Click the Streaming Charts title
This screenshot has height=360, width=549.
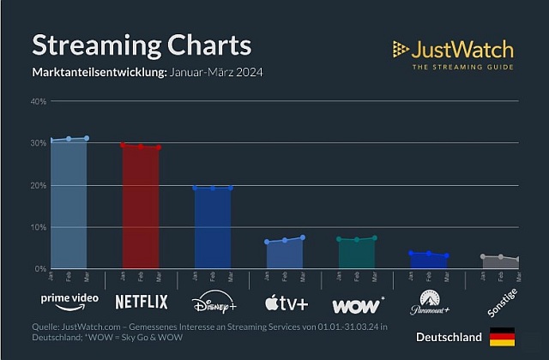coord(142,45)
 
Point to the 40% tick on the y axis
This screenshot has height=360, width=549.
coord(39,102)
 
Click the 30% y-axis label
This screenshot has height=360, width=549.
coord(39,144)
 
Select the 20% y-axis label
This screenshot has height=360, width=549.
coord(39,186)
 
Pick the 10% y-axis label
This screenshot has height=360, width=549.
coord(39,228)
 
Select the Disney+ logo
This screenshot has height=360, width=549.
coord(213,302)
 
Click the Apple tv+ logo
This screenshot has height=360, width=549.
coord(284,302)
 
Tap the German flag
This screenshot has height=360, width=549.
coord(502,338)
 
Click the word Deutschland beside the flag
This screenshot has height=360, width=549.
coord(449,338)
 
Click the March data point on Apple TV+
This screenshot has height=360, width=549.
coord(303,237)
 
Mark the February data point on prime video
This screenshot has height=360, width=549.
coord(69,139)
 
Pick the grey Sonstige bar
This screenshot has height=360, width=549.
coord(500,263)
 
